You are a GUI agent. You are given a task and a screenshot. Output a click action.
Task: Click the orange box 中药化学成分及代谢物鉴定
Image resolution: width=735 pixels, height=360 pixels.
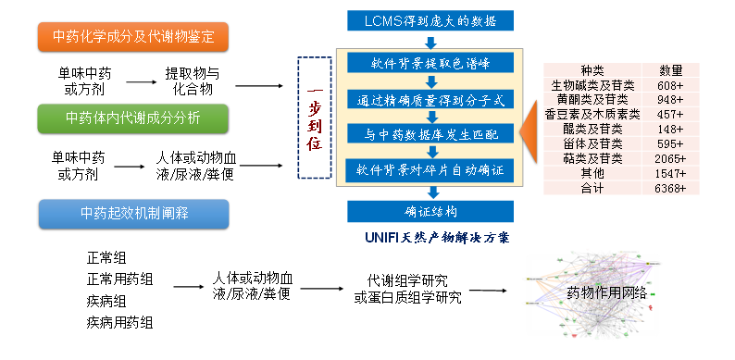point(133,38)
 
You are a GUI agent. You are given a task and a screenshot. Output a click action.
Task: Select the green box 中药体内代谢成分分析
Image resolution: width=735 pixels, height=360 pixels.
point(133,118)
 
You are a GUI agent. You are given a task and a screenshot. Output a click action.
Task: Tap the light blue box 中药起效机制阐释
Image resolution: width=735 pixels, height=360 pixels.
point(133,214)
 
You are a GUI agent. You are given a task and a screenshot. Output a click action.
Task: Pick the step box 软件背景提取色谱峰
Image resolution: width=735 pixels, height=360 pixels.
point(430,64)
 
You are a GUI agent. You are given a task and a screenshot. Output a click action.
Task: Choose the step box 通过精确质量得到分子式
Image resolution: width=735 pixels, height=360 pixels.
point(430,99)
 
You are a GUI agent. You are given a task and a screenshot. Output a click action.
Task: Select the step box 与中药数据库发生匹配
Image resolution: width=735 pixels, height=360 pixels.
point(430,134)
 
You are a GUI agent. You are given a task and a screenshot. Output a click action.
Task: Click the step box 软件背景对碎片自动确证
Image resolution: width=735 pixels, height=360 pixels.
point(430,170)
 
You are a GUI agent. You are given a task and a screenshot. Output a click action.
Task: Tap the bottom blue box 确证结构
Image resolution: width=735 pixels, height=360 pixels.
point(430,211)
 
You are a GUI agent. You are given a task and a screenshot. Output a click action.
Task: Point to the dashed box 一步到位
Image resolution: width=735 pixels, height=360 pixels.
point(315,118)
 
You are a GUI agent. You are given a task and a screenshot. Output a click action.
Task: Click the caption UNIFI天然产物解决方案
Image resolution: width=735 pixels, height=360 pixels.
point(437,238)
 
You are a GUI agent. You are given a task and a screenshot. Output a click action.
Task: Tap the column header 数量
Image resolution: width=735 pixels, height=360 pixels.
point(670,70)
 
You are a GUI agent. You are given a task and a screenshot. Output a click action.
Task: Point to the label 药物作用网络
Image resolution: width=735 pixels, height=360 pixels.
point(605,293)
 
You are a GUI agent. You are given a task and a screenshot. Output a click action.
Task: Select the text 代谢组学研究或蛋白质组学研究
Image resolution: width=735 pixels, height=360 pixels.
point(414,288)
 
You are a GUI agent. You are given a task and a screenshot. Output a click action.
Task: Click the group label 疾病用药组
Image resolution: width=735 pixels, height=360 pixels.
point(120,322)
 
